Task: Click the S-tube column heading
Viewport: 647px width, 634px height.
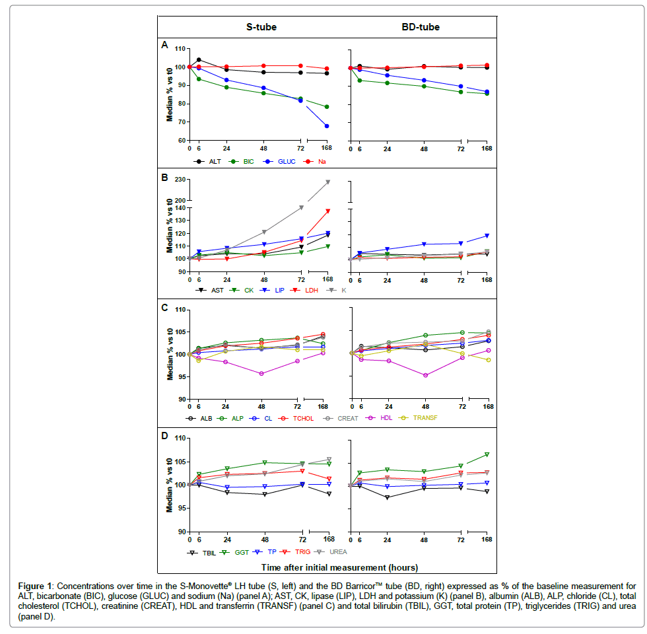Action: (x=257, y=27)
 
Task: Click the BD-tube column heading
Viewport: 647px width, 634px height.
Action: (x=421, y=27)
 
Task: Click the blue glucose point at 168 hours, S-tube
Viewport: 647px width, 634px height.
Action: (x=327, y=126)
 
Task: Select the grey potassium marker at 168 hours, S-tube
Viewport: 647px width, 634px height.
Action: (x=327, y=182)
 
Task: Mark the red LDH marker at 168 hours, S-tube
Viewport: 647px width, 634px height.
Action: (x=327, y=211)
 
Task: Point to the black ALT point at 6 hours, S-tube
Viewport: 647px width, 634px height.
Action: (x=199, y=60)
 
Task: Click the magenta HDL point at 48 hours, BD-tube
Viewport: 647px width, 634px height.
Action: (x=426, y=375)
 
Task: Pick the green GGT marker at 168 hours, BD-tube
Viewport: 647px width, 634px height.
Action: (x=487, y=454)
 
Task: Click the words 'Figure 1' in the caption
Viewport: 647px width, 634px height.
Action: (x=38, y=585)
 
